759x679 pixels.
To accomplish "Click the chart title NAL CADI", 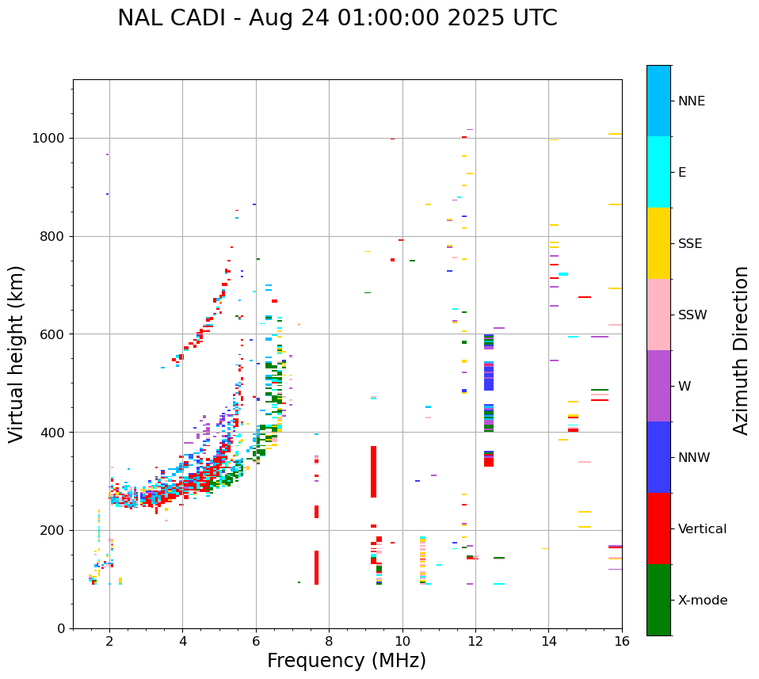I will point(337,18).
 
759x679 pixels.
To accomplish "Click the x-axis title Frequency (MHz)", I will point(346,661).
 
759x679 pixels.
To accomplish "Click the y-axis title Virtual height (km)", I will point(17,354).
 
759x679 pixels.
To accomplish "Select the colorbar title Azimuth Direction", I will point(741,350).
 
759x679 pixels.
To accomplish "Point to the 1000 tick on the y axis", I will point(52,138).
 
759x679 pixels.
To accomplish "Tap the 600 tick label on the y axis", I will point(55,334).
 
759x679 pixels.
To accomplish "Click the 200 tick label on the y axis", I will point(55,530).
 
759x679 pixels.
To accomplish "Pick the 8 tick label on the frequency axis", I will point(329,641).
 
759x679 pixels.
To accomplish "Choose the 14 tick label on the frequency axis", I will point(548,641).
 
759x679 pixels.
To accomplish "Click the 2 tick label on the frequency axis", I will point(109,641).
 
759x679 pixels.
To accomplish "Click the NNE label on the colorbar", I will point(691,101).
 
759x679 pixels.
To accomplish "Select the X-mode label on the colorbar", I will point(702,601).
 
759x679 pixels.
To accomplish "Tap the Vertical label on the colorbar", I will point(702,529).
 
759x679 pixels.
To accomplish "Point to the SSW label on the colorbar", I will point(692,315).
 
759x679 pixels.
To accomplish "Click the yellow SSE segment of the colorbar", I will point(658,243).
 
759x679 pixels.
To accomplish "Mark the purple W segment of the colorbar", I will point(658,386).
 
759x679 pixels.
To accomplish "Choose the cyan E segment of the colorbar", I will point(658,172).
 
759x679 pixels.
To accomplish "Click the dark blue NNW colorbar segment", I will point(658,457).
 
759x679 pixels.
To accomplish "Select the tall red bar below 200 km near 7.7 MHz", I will point(316,567).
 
